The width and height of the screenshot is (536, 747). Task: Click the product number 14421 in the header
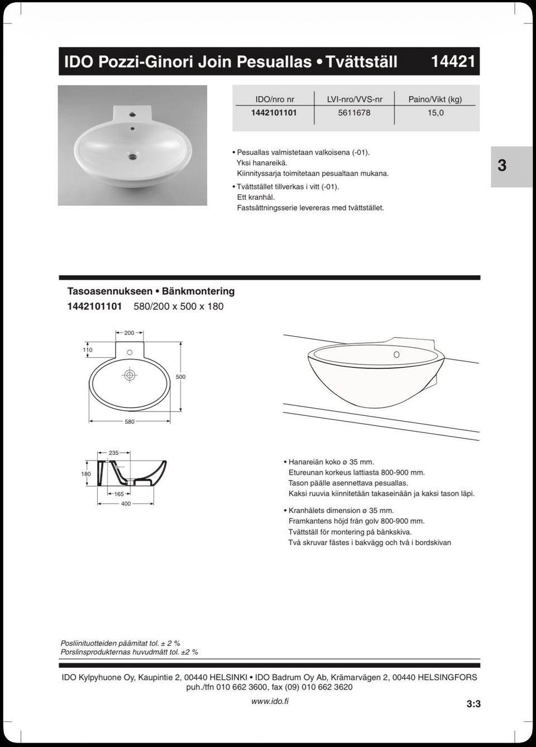coord(453,61)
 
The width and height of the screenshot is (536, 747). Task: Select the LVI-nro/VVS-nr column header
coord(355,99)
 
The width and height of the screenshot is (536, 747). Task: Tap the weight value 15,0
coord(435,113)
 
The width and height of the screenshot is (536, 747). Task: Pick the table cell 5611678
coord(354,113)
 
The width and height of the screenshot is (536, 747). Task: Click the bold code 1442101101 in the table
coord(274,113)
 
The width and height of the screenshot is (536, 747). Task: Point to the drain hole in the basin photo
coord(132,157)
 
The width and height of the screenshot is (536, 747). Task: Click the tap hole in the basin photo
coord(132,114)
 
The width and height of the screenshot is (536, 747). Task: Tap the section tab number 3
coord(502,166)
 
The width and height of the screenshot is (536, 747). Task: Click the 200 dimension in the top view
coord(129,333)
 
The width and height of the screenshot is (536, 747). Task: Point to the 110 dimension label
coord(88,350)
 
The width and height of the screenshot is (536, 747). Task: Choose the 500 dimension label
coord(180,377)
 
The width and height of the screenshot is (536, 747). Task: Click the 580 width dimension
coord(130,422)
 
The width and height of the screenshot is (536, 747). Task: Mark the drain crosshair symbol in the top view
coord(130,375)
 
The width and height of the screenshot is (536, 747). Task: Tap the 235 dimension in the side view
coord(114,453)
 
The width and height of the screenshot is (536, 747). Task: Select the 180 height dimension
coord(86,474)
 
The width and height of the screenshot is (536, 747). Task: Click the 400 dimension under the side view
coord(126,504)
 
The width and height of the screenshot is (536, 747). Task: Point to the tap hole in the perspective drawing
coord(396,355)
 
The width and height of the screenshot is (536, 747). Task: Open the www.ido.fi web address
coord(270,701)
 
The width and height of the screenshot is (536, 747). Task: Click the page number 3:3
coord(473,704)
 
